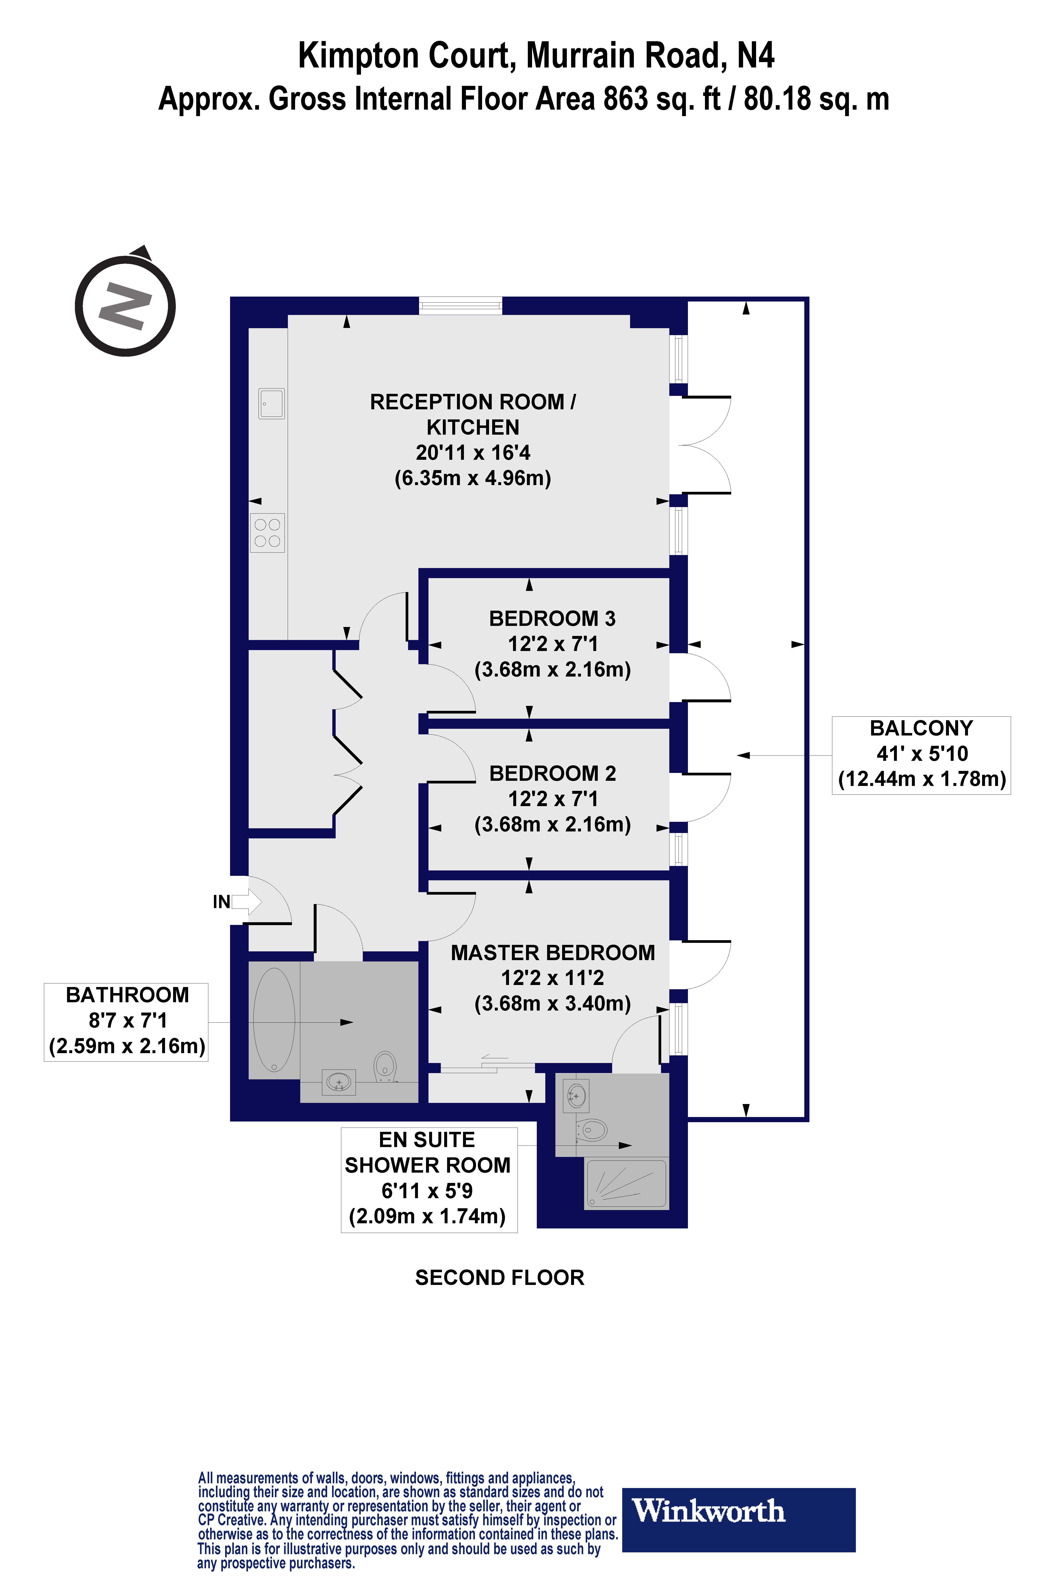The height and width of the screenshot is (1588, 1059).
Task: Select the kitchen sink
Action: [272, 404]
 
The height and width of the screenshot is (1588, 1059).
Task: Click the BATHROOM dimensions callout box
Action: [126, 1022]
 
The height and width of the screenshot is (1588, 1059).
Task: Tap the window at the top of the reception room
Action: [461, 306]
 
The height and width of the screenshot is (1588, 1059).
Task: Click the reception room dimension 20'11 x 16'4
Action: [473, 452]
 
